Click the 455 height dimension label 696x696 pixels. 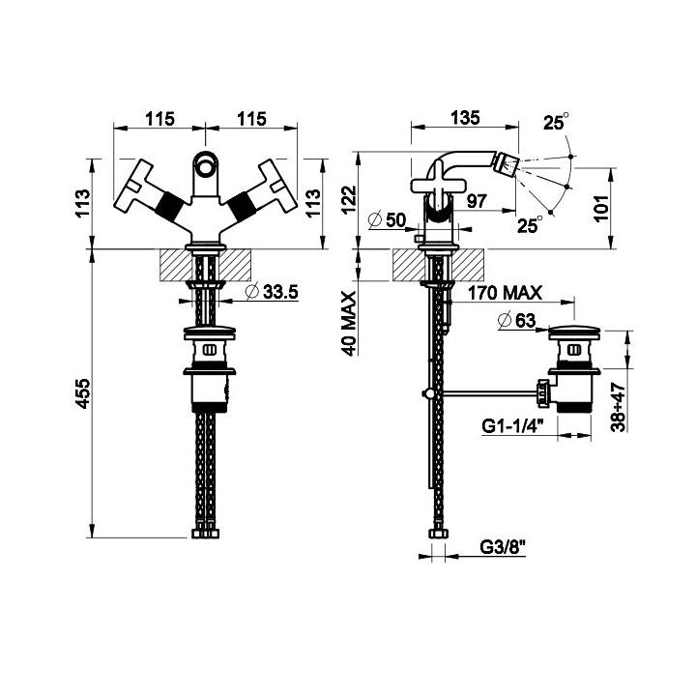point(83,393)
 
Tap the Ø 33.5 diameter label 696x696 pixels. point(272,292)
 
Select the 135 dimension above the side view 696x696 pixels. point(465,118)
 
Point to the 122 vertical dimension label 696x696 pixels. point(349,199)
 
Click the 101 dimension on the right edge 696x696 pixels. point(601,208)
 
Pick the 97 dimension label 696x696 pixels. point(478,201)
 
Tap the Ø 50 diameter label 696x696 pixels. point(387,219)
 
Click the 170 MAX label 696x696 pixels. point(506,293)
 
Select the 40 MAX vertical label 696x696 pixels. point(350,324)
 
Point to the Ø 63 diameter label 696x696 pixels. point(517,320)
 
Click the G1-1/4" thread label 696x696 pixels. point(512,426)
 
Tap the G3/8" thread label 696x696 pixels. point(503,546)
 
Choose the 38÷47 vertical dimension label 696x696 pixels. point(619,408)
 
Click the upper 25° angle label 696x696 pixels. point(556,122)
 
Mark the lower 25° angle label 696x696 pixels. point(530,224)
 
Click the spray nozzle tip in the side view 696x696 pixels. point(509,163)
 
